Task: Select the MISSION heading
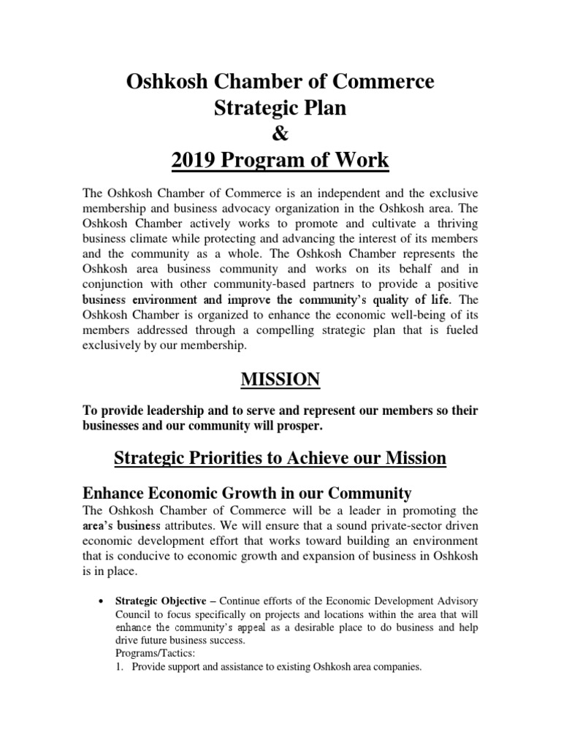pyautogui.click(x=280, y=378)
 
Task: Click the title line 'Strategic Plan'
pyautogui.click(x=280, y=109)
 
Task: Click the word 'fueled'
pyautogui.click(x=460, y=330)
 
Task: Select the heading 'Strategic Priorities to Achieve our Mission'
pyautogui.click(x=280, y=459)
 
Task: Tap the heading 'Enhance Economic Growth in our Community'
pyautogui.click(x=248, y=492)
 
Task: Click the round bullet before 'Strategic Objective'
pyautogui.click(x=100, y=600)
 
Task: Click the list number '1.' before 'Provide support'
pyautogui.click(x=121, y=666)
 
